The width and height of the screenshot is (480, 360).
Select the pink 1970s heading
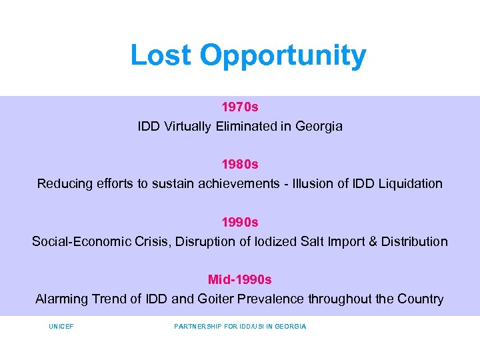(240, 107)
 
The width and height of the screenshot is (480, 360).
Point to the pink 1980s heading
(240, 164)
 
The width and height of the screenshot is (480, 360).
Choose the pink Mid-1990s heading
(240, 279)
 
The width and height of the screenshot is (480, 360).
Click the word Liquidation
(410, 183)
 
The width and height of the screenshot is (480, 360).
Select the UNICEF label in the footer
(61, 327)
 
